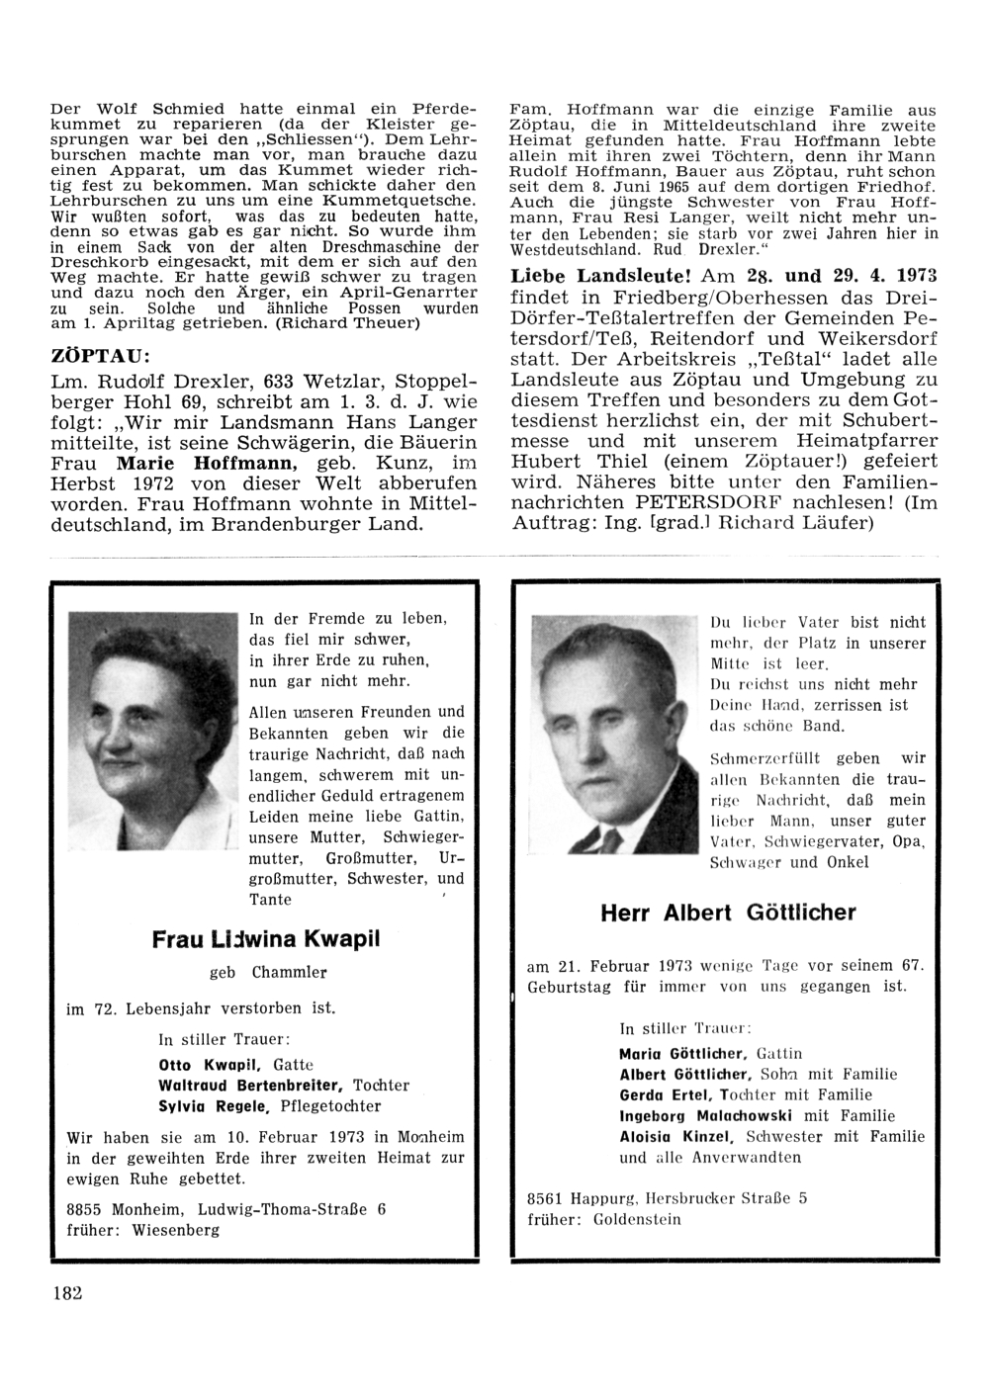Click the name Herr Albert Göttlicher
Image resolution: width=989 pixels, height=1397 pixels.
(728, 913)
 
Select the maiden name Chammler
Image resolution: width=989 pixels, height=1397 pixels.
(289, 973)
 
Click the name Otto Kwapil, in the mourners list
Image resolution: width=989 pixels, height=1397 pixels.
(209, 1065)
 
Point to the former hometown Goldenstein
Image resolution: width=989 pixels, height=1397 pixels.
(637, 1219)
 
